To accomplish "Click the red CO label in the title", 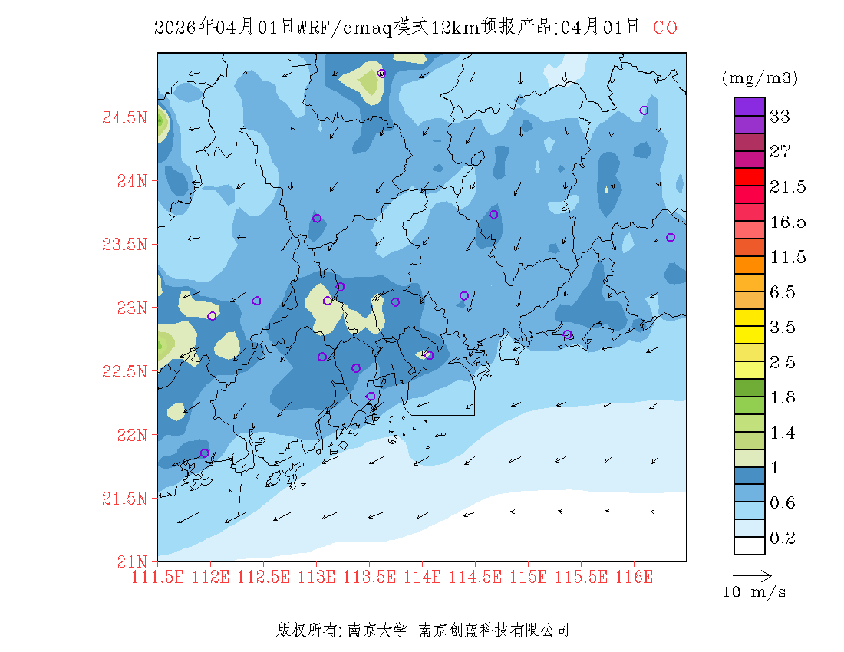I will coord(665,28).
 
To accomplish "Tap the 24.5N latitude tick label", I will coord(124,118).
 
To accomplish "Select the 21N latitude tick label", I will coord(130,561).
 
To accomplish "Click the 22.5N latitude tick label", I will coord(124,371).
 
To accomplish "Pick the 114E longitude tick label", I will coord(422,577).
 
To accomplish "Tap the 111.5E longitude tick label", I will coord(157,577).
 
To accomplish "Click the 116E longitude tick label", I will coord(634,577).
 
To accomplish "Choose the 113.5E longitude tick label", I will coord(369,577).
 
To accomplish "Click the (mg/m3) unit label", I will coord(760,77).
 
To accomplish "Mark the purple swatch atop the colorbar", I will coord(750,107).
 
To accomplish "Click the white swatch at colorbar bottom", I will coord(750,545).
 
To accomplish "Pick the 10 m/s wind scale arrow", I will coord(752,575).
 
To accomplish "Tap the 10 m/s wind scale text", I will coord(754,592).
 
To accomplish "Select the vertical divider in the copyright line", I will coord(412,631).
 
